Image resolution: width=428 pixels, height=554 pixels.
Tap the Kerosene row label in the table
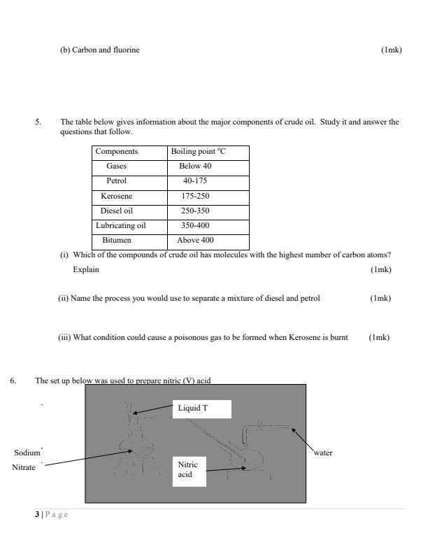pos(116,196)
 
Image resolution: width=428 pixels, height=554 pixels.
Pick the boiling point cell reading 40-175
pos(197,181)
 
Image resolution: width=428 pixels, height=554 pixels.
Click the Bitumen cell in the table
pos(117,240)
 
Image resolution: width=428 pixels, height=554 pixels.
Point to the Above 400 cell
pos(197,240)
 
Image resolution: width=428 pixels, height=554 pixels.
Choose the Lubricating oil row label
pos(122,225)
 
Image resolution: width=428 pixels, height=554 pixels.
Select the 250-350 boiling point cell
pos(196,211)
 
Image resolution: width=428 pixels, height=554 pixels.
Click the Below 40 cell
pos(197,166)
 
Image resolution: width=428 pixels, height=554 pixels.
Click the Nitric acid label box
pos(188,469)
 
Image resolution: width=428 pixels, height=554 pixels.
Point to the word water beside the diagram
pos(322,453)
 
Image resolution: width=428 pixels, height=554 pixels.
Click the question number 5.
pos(38,121)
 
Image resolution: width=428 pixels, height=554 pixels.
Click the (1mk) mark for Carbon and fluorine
pos(391,49)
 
